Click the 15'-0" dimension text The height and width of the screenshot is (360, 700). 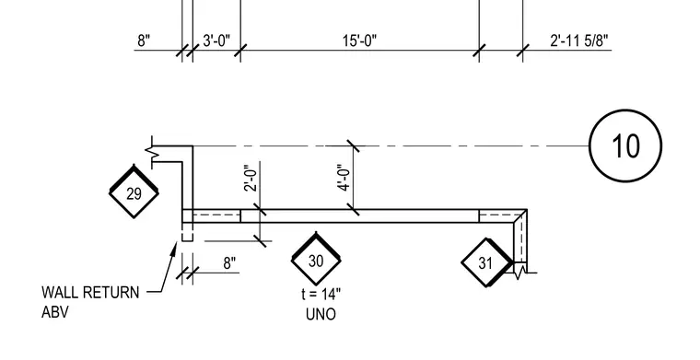(359, 41)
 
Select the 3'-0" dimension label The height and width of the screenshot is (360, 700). (216, 41)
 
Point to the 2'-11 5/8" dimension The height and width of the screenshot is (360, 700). (579, 41)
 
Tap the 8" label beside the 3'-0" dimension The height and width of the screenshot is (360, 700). (144, 41)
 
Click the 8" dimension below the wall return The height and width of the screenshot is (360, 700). (229, 263)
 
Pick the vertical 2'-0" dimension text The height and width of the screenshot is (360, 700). (251, 178)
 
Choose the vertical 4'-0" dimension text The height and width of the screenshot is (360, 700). (344, 178)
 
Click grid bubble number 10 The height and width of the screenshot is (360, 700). (625, 145)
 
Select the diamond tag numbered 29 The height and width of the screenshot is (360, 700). (134, 192)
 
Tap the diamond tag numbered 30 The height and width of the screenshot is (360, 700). (316, 260)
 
